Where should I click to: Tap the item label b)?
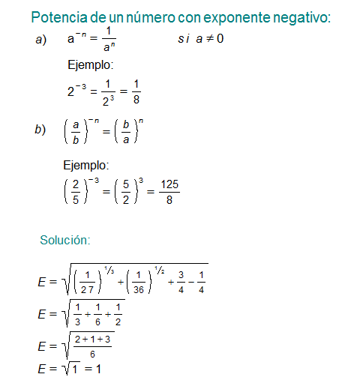click(41, 130)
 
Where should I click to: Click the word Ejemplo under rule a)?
click(89, 64)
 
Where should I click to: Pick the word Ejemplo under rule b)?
click(85, 165)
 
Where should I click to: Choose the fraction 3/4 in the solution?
click(180, 283)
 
